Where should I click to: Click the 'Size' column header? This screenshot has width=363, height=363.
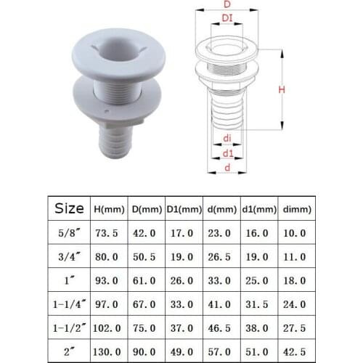[70, 209]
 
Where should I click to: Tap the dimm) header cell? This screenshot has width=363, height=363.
[298, 209]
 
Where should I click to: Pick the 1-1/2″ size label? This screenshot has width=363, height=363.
[70, 327]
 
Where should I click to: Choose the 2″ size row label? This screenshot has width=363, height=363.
[70, 351]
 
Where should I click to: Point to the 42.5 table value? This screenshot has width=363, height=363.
[298, 351]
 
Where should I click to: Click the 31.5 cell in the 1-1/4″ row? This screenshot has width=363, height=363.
[259, 303]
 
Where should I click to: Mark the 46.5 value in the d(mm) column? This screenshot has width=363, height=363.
[221, 327]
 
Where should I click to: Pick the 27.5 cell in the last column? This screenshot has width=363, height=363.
[298, 327]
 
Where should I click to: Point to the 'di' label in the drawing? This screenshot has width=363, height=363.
[227, 138]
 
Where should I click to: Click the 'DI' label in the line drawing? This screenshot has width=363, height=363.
[227, 17]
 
